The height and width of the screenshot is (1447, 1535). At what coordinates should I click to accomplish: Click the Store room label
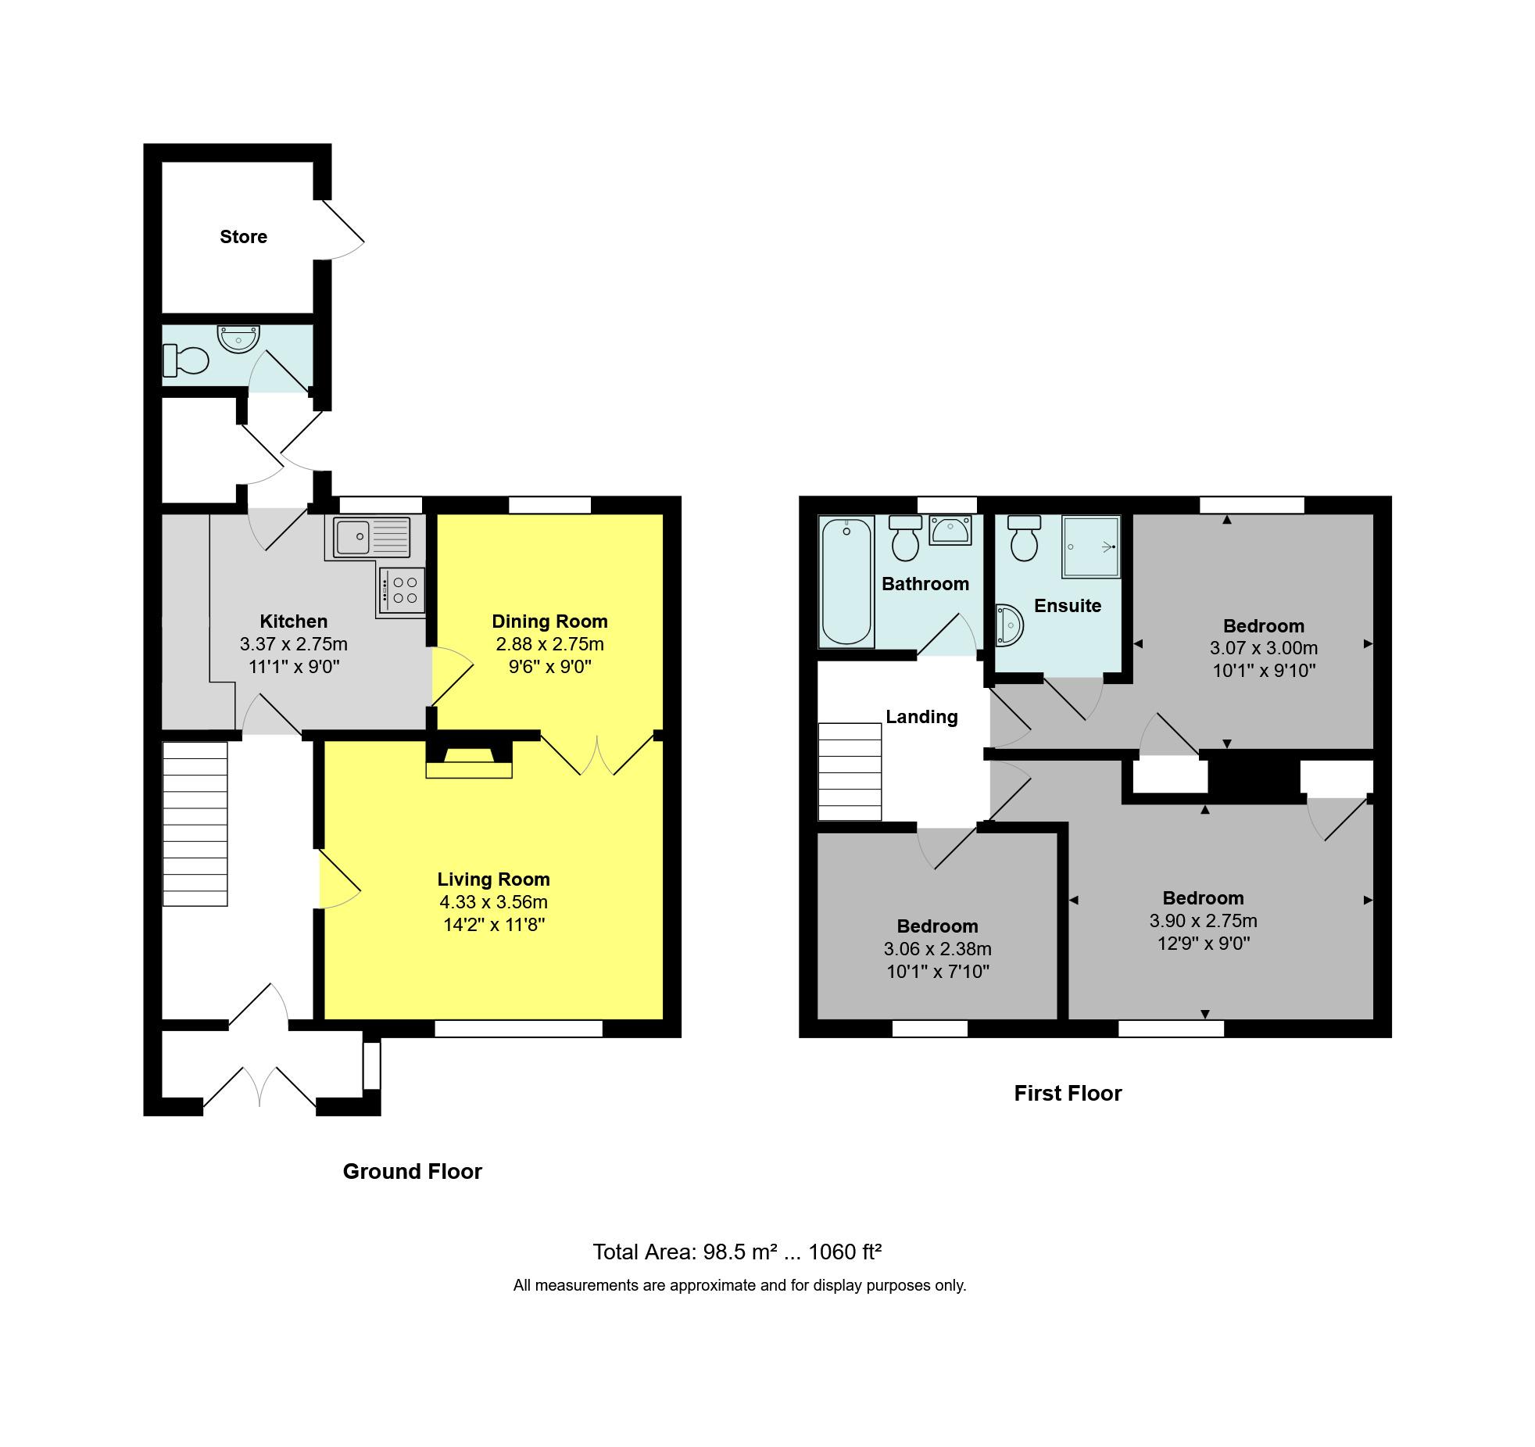(243, 237)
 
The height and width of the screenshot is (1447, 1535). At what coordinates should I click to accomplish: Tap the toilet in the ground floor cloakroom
(186, 362)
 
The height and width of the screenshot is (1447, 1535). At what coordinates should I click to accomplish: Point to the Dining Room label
(549, 621)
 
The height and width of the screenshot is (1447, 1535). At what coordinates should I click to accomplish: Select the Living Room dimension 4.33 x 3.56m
(493, 902)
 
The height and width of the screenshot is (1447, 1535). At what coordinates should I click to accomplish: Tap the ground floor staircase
(195, 824)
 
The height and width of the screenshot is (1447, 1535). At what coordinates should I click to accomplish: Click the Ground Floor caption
(412, 1171)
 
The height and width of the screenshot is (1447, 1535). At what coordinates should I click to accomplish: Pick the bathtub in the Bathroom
(846, 583)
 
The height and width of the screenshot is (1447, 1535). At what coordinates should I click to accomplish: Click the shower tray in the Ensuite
(1090, 546)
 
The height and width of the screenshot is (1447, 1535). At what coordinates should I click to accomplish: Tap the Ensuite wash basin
(1009, 626)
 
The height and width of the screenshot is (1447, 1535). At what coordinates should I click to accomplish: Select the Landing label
(921, 717)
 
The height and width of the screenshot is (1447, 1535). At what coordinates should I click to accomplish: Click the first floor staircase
(850, 772)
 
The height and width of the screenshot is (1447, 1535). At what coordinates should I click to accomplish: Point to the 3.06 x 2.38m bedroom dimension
(937, 949)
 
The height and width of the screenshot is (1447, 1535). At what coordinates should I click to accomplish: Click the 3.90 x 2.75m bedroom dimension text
(1203, 921)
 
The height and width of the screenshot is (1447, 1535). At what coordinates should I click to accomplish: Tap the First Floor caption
(1068, 1093)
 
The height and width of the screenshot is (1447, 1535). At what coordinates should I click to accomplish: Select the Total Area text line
(737, 1252)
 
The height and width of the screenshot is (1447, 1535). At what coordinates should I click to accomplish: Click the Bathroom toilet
(905, 539)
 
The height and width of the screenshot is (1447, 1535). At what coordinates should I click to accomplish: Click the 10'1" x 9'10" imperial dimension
(1264, 671)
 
